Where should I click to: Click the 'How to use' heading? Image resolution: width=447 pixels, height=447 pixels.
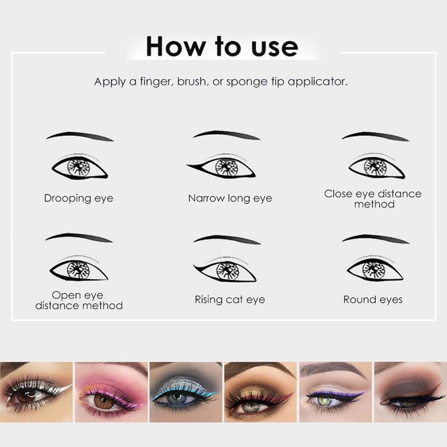222,46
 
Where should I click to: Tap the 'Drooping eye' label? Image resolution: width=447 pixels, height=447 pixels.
79,198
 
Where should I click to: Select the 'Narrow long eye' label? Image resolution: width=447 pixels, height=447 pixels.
230,198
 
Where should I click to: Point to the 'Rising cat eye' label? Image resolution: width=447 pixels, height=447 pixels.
230,300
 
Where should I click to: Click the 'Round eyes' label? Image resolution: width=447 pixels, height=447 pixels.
373,300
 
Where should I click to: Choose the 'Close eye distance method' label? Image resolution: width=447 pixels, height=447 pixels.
373,199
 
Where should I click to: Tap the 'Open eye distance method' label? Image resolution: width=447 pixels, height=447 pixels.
79,300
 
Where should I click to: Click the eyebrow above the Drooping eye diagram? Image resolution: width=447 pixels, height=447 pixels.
80,136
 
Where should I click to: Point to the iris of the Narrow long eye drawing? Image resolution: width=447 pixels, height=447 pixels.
227,167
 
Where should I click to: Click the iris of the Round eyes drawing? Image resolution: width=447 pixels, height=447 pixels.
374,269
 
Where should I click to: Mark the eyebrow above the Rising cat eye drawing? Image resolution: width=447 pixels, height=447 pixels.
227,240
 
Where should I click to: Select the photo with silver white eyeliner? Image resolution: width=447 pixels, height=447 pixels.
36,392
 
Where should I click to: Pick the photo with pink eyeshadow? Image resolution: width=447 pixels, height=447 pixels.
111,392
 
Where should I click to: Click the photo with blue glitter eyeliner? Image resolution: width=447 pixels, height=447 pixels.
186,392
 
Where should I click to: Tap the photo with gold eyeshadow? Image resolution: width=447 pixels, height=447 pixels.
260,392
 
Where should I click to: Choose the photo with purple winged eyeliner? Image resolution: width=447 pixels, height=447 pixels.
336,392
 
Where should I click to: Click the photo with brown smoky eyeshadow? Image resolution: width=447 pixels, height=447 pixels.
411,392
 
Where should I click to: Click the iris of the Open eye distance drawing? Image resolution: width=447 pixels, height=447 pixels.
78,269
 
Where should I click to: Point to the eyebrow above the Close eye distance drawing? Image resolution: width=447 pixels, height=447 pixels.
375,136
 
